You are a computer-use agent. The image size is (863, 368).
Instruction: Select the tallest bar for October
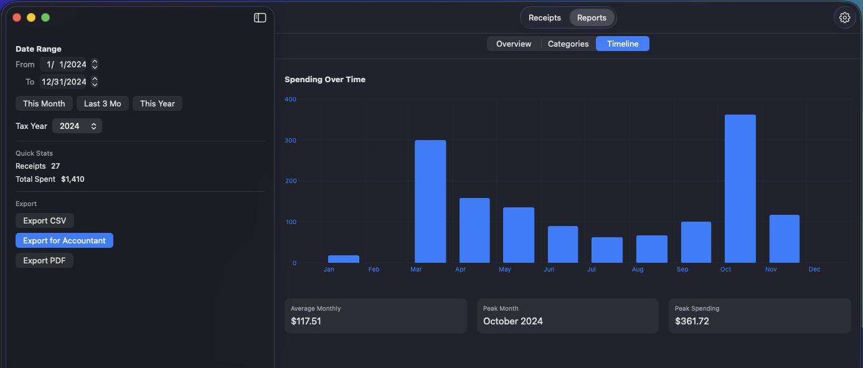coord(740,189)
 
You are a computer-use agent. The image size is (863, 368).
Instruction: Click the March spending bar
coord(430,201)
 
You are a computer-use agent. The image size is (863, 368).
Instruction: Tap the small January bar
coord(344,259)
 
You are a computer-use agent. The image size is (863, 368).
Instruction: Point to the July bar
coord(607,250)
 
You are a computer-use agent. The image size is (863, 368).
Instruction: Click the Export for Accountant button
coord(64,240)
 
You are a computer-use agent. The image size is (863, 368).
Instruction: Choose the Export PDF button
coord(44,260)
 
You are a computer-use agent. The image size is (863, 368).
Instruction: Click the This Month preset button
coord(44,103)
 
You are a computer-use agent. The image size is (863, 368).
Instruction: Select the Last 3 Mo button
coord(103,103)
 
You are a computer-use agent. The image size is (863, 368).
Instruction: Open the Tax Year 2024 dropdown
coord(77,126)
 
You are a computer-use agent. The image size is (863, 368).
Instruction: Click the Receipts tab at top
coord(545,17)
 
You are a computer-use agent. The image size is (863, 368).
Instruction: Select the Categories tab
coord(568,44)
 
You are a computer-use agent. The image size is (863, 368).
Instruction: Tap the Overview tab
coord(514,44)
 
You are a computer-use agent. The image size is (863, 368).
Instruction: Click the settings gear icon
coord(845,17)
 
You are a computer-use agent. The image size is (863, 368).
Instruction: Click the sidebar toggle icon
coord(260,17)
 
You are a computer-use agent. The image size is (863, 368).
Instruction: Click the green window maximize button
coord(45,17)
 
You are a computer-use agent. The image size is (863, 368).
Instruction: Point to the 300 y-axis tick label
coord(290,140)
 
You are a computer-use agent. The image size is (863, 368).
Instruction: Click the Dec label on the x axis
coord(814,270)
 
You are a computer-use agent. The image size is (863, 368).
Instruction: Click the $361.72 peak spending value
coord(692,321)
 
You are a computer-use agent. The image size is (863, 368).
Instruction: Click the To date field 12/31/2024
coord(64,82)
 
